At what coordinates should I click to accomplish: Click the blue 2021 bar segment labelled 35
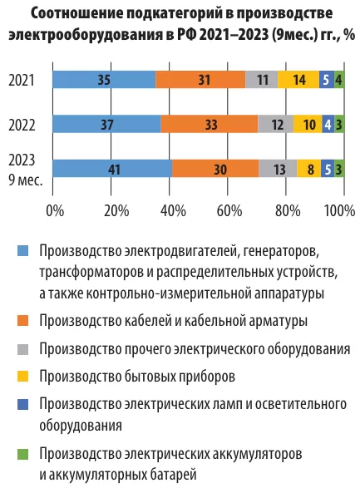click(x=104, y=80)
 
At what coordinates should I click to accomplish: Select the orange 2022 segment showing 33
click(x=210, y=125)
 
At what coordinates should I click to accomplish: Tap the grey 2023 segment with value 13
click(x=278, y=169)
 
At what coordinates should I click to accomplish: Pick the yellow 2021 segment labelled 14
click(x=298, y=80)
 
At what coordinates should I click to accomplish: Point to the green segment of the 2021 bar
click(x=339, y=80)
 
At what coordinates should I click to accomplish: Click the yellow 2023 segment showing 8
click(x=309, y=169)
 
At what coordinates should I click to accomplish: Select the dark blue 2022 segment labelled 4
click(x=328, y=125)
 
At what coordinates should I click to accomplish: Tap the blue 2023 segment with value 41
click(x=112, y=169)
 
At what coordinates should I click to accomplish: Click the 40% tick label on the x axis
click(x=173, y=210)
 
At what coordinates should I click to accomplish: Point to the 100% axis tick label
click(x=339, y=210)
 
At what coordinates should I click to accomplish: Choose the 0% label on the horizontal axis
click(x=55, y=210)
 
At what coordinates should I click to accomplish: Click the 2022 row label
click(x=22, y=125)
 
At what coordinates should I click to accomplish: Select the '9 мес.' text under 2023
click(x=26, y=180)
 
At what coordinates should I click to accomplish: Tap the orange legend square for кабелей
click(x=22, y=321)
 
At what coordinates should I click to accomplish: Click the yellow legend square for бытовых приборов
click(x=22, y=377)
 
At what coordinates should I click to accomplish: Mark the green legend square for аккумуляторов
click(x=22, y=454)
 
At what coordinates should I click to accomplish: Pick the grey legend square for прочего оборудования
click(x=22, y=349)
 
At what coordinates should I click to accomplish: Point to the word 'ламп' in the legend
click(x=236, y=404)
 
